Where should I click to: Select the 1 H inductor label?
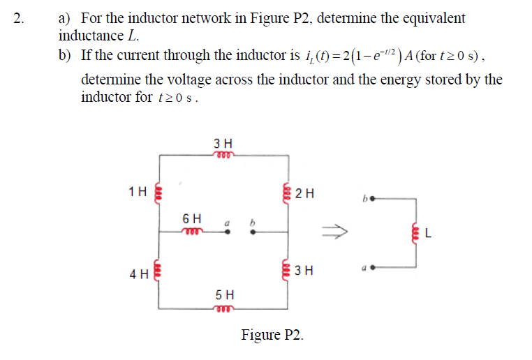pyautogui.click(x=138, y=190)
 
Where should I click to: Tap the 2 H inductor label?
pyautogui.click(x=305, y=193)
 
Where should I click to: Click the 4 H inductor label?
pyautogui.click(x=138, y=274)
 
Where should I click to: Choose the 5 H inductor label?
pyautogui.click(x=225, y=295)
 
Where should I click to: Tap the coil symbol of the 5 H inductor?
pyautogui.click(x=225, y=308)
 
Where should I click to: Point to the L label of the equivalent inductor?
pyautogui.click(x=428, y=234)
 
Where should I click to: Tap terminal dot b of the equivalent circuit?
pyautogui.click(x=373, y=198)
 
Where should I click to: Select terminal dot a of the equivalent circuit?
pyautogui.click(x=373, y=267)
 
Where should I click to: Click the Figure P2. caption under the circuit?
pyautogui.click(x=272, y=335)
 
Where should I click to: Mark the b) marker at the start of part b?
pyautogui.click(x=67, y=54)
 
